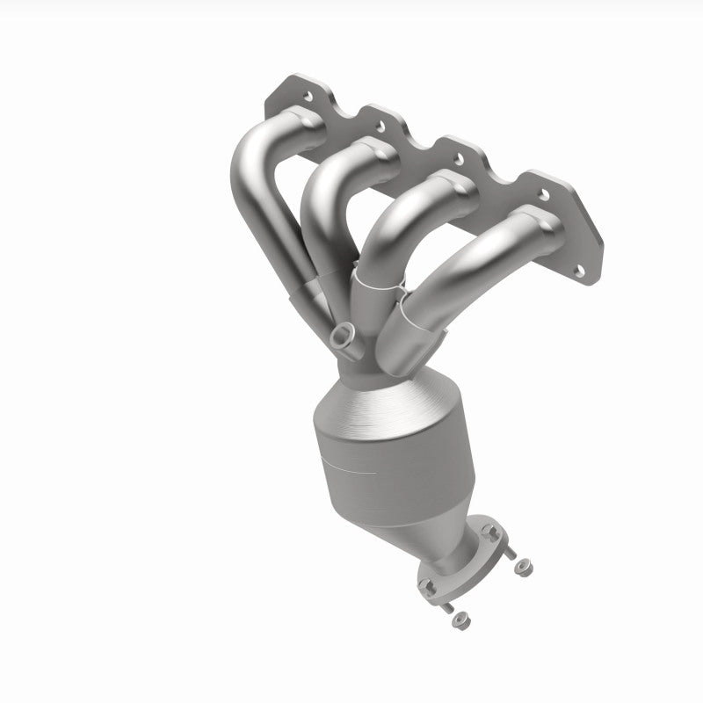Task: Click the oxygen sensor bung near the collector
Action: point(344,335)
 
